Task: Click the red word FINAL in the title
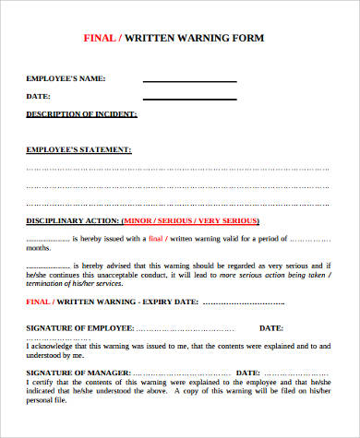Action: click(100, 40)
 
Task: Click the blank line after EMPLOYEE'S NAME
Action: click(189, 81)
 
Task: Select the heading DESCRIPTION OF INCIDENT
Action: click(82, 114)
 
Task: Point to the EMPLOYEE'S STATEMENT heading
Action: click(78, 149)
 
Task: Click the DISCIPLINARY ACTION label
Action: click(73, 221)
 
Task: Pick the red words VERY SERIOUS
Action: click(231, 221)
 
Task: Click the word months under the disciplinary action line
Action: click(39, 249)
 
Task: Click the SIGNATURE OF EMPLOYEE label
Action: click(80, 328)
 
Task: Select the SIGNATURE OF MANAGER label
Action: click(78, 371)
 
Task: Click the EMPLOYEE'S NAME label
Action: click(66, 79)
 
